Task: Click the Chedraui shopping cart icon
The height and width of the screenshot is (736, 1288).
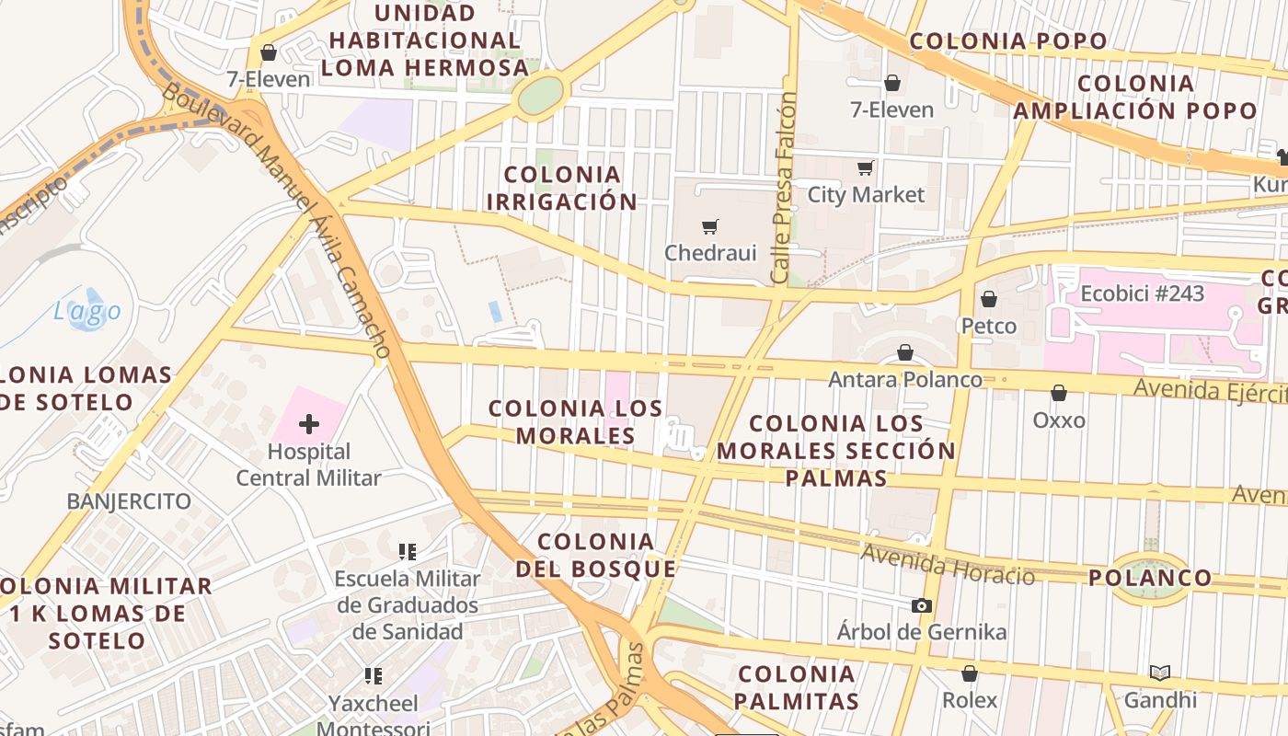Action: coord(709,226)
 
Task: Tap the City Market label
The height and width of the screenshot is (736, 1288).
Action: coord(866,195)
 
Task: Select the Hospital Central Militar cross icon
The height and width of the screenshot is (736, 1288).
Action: coord(309,424)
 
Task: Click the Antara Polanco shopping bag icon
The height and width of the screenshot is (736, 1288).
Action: coord(905,352)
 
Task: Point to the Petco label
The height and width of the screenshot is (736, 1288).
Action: coord(989,326)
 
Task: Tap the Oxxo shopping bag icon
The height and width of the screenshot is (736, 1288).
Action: coord(1059,393)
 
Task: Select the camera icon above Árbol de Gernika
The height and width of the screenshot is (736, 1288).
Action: coord(921,605)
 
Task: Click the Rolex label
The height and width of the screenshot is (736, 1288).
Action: coord(970,700)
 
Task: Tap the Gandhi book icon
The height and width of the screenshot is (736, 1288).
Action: coord(1160,673)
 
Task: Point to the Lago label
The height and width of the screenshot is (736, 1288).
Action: coord(86,312)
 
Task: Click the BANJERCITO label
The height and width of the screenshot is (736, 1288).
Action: coord(129,501)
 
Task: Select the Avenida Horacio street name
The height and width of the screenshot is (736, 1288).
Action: coord(948,563)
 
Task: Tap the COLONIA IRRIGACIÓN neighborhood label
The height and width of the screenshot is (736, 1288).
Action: coord(562,188)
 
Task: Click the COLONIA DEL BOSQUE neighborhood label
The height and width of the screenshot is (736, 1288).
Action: coord(596,555)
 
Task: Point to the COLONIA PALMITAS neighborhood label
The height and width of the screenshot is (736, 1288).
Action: coord(798,687)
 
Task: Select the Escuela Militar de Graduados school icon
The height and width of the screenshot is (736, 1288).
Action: coord(408,552)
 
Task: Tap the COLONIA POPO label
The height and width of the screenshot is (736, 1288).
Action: coord(1008,41)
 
